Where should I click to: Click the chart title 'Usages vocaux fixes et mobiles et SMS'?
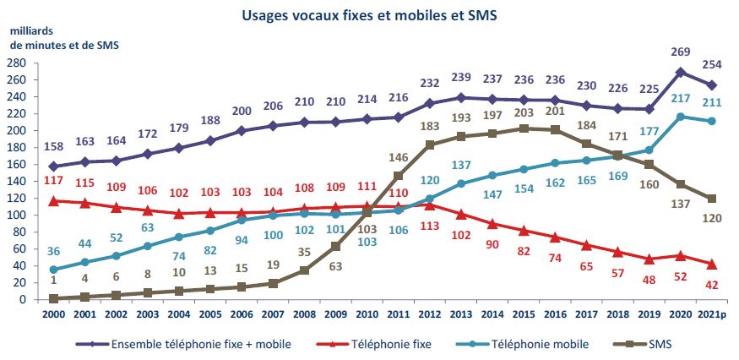369,15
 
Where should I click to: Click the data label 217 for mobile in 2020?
679,98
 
